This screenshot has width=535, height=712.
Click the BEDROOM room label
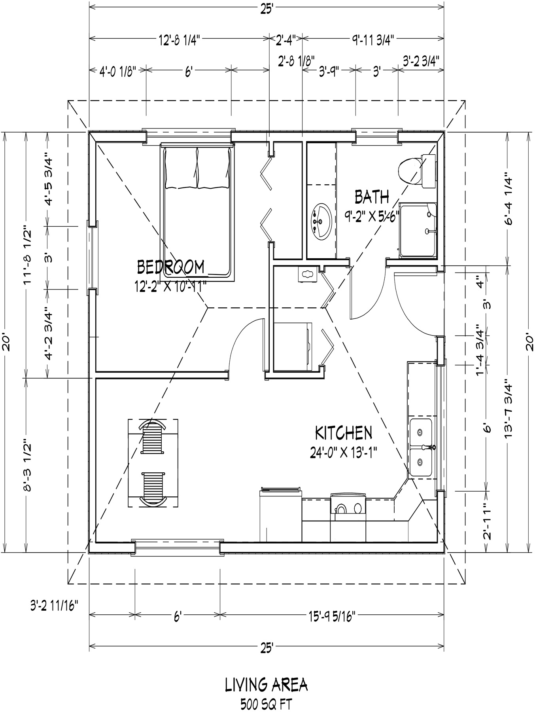pyautogui.click(x=171, y=267)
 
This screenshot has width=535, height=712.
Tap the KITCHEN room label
pyautogui.click(x=343, y=433)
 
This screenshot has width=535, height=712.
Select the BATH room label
pyautogui.click(x=372, y=197)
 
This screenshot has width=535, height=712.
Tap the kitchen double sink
pyautogui.click(x=422, y=447)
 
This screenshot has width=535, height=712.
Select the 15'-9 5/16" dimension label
pyautogui.click(x=332, y=615)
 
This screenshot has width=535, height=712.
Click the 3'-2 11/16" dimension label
pyautogui.click(x=54, y=606)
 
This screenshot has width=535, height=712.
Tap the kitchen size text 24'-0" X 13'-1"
pyautogui.click(x=343, y=452)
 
